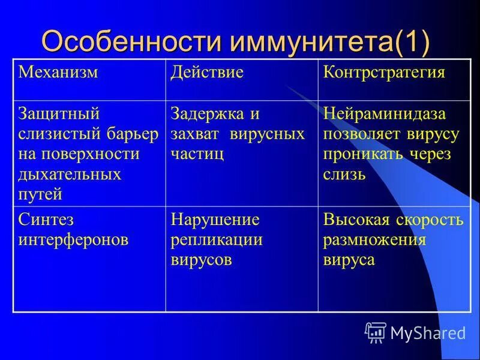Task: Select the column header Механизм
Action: (58, 73)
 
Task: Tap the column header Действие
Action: (207, 73)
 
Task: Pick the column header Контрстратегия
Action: (384, 73)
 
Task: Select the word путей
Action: (40, 194)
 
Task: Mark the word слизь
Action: (344, 175)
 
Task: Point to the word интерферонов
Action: (73, 240)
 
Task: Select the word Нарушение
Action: (215, 220)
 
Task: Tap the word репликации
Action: (217, 240)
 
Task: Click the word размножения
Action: (374, 240)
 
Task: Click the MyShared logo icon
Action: (375, 332)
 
